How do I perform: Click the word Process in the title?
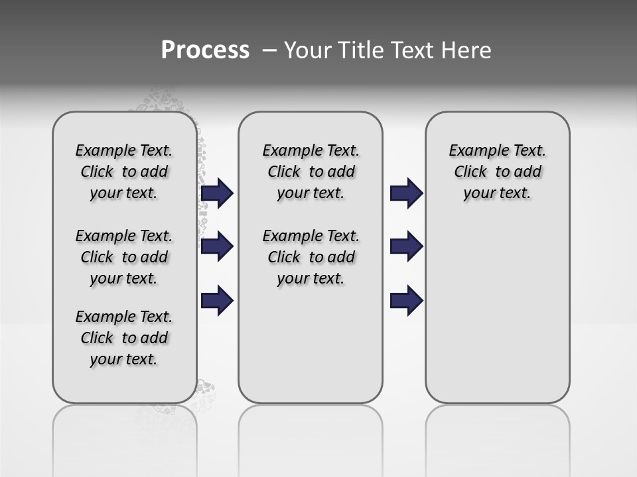coord(205,50)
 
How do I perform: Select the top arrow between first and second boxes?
coord(217,193)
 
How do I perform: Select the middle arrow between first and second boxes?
coord(217,246)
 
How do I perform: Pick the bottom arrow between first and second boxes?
coord(217,301)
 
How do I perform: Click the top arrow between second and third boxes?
coord(406,193)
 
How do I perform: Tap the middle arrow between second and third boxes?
coord(406,246)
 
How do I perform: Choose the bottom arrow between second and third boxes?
coord(406,301)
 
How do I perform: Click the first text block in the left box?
coord(124,172)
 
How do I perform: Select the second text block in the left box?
coord(124,257)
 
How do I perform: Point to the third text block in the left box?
coord(124,338)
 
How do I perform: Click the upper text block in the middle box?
coord(311,172)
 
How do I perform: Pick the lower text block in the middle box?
coord(311,257)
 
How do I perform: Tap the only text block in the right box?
coord(497,172)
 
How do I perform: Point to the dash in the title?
coord(269,50)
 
